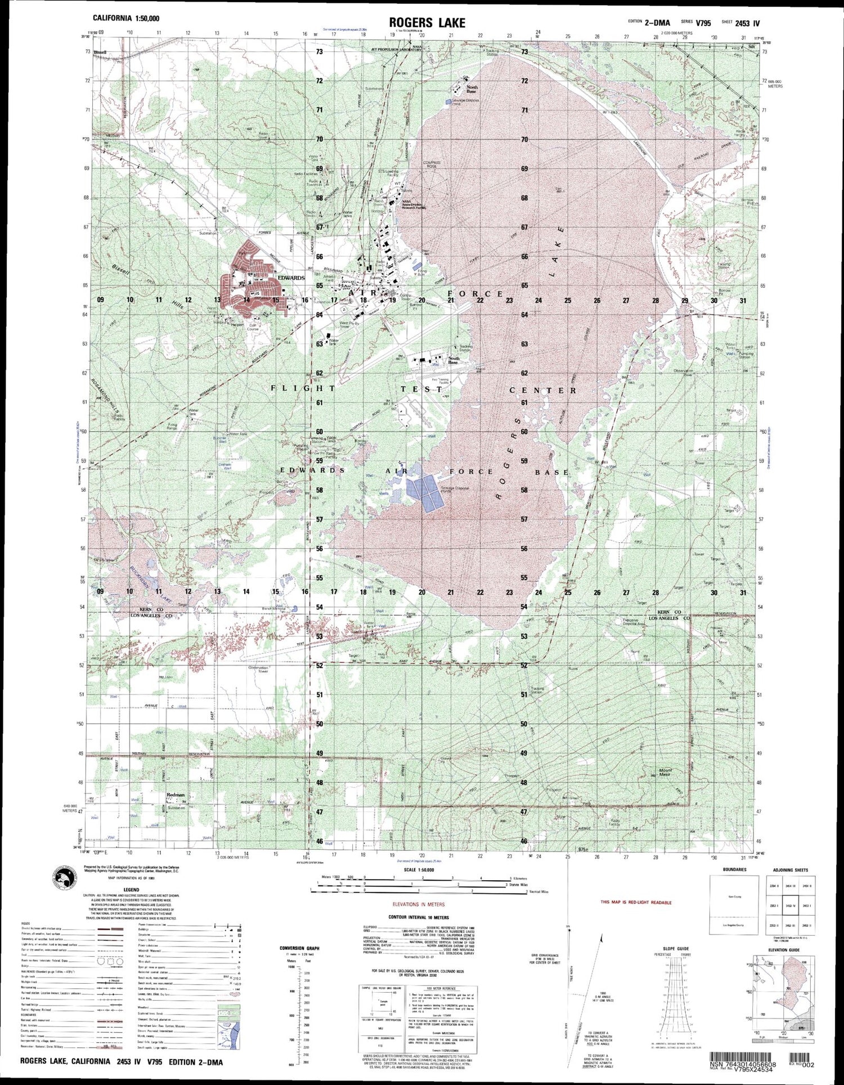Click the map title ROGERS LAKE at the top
click(427, 23)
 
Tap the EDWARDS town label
click(290, 278)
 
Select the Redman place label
click(176, 795)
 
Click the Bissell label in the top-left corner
click(101, 52)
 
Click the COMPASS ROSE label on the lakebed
click(433, 164)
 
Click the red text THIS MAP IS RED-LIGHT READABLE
click(636, 902)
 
